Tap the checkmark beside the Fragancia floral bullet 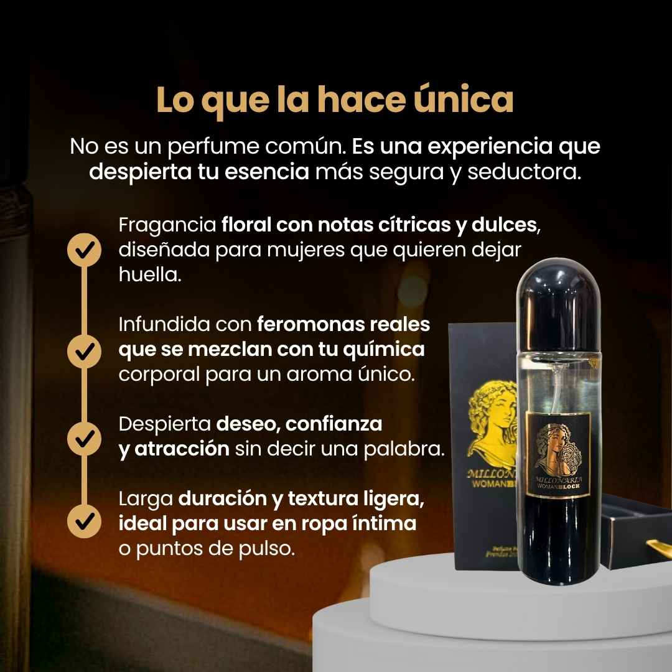[83, 250]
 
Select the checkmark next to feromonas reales [83, 351]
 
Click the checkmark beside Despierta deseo [83, 437]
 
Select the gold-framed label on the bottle [558, 454]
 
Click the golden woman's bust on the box [492, 423]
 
